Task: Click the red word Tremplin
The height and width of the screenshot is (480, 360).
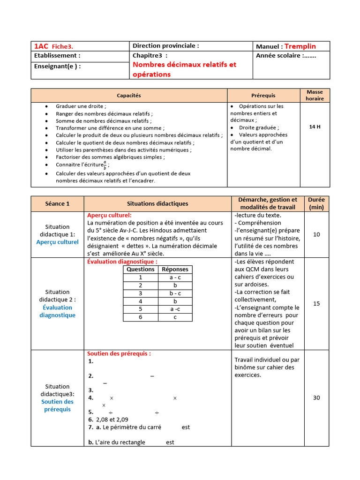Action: point(300,46)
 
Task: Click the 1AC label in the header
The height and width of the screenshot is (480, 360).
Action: point(41,46)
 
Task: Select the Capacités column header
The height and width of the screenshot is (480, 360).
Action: point(128,95)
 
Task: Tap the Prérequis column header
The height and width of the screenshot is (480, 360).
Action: point(263,95)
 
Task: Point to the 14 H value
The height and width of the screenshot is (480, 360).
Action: point(315,127)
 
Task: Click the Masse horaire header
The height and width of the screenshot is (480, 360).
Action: point(315,95)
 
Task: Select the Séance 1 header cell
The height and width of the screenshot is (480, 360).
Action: point(57,203)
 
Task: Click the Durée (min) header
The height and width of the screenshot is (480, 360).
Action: point(316,203)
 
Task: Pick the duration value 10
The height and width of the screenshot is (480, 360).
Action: point(316,234)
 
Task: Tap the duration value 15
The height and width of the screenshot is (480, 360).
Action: point(316,304)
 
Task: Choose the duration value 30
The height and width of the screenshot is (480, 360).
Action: point(316,397)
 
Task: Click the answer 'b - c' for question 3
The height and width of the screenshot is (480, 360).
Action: point(175,293)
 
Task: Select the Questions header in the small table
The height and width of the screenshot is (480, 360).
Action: point(141,270)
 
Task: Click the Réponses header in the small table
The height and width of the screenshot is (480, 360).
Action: point(175,270)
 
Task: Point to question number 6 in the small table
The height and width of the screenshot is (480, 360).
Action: point(141,317)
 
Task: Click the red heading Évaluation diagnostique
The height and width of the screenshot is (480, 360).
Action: point(122,262)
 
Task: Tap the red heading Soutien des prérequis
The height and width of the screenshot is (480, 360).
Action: point(119,353)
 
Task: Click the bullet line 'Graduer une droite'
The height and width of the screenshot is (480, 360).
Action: point(81,106)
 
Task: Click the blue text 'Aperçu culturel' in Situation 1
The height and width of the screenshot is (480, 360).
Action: point(57,242)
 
